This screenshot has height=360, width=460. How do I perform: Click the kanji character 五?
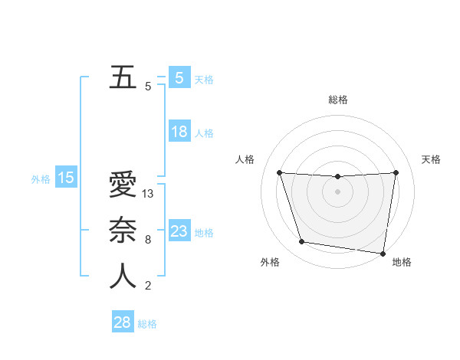(123, 78)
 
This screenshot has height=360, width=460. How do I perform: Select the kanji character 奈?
(123, 231)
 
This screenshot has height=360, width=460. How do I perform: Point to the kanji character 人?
(123, 277)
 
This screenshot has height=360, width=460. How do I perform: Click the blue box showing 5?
(179, 77)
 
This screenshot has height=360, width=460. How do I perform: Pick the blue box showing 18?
(179, 132)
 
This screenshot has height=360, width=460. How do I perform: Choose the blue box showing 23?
(179, 231)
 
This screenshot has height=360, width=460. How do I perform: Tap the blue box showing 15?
(66, 178)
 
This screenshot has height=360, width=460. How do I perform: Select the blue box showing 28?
(122, 322)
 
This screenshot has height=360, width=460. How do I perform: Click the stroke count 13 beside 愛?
(149, 194)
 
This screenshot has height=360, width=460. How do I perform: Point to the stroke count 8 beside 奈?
(148, 240)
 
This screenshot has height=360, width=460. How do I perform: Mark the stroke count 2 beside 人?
(148, 286)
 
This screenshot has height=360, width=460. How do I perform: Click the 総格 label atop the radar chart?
(338, 100)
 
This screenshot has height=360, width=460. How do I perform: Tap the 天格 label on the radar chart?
(431, 159)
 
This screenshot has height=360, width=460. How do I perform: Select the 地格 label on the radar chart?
(402, 262)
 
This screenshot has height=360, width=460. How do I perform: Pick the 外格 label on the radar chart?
(270, 262)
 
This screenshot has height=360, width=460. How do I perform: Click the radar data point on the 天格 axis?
(396, 172)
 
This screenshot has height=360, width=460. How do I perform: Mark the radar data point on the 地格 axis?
(383, 253)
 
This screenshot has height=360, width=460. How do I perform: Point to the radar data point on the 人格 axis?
(279, 172)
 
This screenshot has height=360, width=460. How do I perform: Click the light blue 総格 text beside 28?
(147, 324)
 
